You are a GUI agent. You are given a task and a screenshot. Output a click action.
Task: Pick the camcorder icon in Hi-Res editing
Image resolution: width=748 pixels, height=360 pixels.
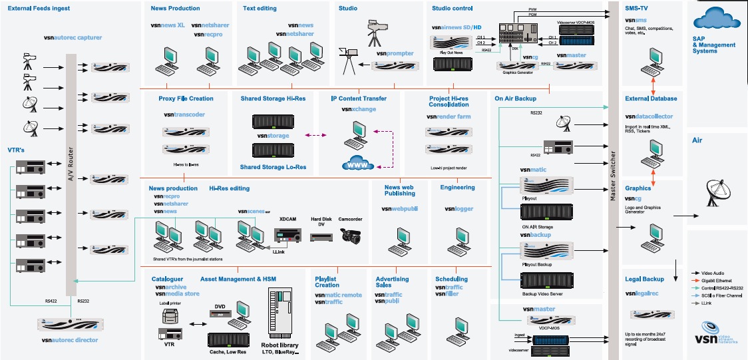pos(349,235)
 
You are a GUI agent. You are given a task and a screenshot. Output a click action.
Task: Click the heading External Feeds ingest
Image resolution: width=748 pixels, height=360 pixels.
pos(39,9)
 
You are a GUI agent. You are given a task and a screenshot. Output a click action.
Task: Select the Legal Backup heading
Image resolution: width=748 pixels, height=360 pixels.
pos(645,278)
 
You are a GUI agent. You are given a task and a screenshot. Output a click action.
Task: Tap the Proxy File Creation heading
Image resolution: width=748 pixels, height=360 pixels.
pos(186,98)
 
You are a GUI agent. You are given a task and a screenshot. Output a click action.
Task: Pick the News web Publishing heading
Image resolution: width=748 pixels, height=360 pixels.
pos(399,190)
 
